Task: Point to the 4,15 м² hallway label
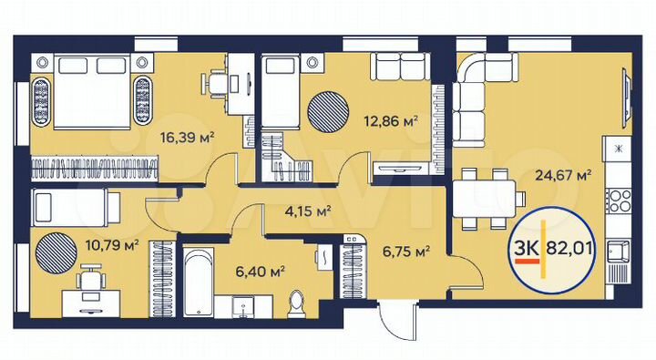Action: tap(307, 211)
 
